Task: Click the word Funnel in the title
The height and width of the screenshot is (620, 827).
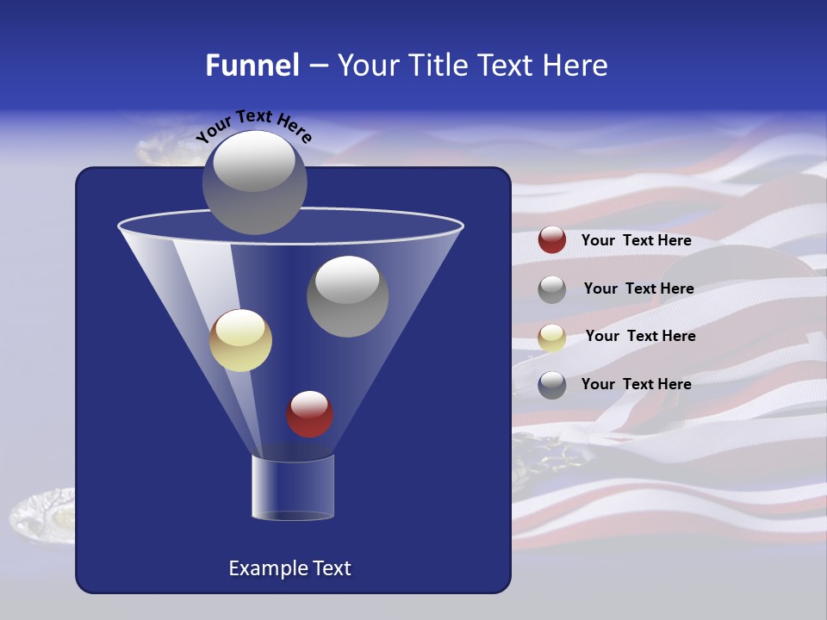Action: click(252, 65)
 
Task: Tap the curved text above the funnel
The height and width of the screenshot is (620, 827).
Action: click(253, 126)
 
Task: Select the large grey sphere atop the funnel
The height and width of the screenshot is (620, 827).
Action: click(254, 183)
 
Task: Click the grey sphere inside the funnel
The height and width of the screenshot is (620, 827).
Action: click(348, 296)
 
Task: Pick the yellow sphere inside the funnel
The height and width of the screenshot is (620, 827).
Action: click(240, 340)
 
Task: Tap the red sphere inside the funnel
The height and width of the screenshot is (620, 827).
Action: click(309, 414)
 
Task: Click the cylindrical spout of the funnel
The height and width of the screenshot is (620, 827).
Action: click(293, 488)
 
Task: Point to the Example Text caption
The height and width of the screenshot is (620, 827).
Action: click(290, 568)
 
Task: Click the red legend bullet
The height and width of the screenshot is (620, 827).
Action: click(552, 240)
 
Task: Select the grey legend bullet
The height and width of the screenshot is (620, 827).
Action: click(552, 288)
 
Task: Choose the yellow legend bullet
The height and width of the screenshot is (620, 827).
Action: click(552, 337)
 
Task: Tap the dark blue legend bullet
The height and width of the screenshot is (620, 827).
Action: click(552, 384)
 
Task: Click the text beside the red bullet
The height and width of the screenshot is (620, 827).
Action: click(636, 240)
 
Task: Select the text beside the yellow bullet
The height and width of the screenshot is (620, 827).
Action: click(640, 336)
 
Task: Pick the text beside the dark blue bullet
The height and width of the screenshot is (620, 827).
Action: click(636, 384)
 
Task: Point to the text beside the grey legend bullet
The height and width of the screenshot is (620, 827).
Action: click(638, 288)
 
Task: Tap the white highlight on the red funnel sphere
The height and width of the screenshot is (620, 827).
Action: click(309, 402)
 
